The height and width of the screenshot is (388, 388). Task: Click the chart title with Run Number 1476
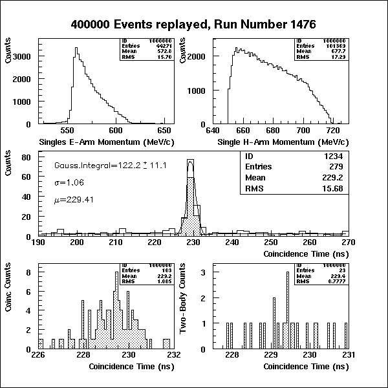193,25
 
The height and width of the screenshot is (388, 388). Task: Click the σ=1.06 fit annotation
68,183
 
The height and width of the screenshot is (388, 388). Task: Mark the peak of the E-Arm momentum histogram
76,48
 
